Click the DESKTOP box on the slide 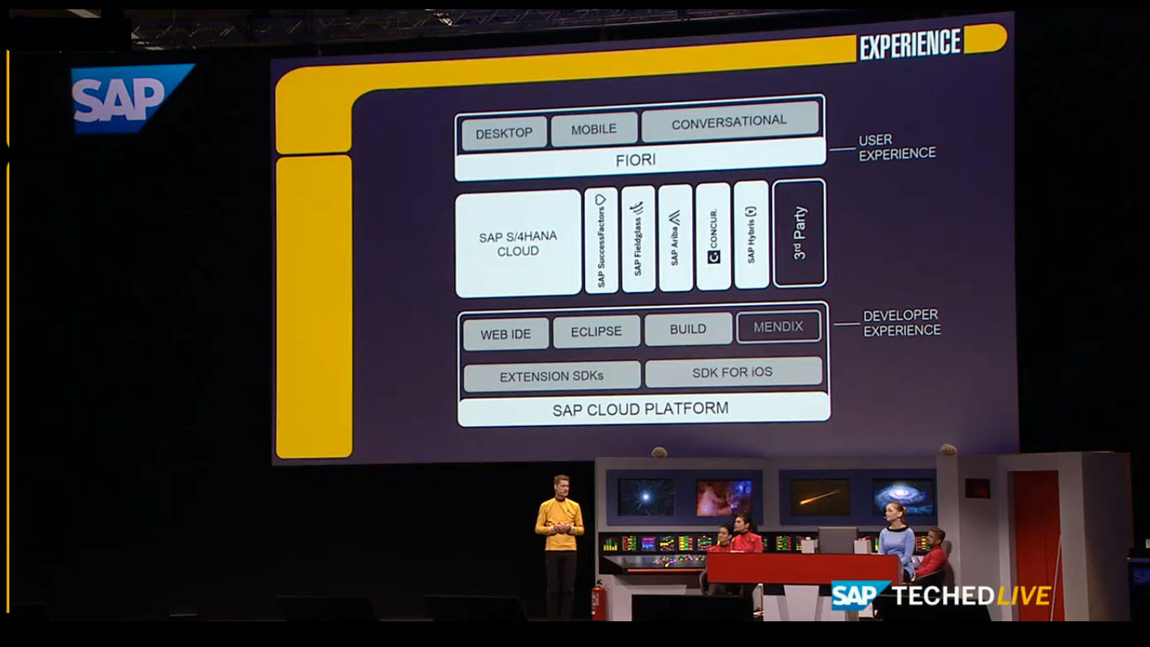click(x=504, y=133)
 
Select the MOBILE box click(x=593, y=129)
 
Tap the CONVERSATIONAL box click(x=729, y=123)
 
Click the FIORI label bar click(x=636, y=160)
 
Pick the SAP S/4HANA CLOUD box click(x=518, y=244)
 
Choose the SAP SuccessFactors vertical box click(x=601, y=241)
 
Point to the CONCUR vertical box click(x=713, y=237)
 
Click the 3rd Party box click(x=799, y=233)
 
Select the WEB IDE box click(x=505, y=334)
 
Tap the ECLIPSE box click(x=596, y=332)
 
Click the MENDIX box click(x=778, y=327)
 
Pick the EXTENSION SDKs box click(x=551, y=376)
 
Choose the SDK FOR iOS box click(x=732, y=372)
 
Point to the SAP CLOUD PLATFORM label click(x=641, y=410)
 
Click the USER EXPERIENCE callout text click(x=896, y=147)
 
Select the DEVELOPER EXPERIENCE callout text click(x=901, y=323)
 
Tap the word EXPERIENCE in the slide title click(x=909, y=44)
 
